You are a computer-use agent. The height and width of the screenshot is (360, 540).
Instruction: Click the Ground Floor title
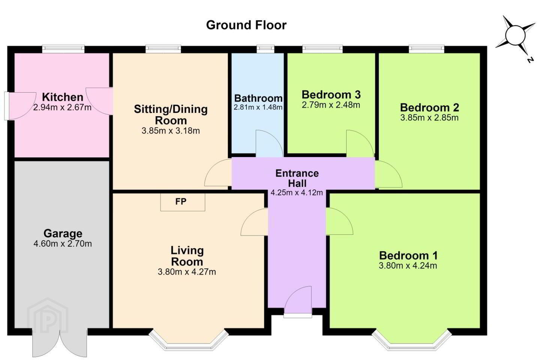[246, 25]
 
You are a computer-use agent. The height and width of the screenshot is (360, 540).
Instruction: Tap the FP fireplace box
[183, 202]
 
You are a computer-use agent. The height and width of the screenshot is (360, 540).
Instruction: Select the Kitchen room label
[63, 97]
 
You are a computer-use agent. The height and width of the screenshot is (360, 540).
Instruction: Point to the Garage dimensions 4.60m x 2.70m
[63, 243]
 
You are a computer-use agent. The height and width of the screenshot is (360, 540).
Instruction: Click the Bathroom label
[258, 98]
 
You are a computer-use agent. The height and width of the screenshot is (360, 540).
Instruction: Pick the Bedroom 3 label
[331, 94]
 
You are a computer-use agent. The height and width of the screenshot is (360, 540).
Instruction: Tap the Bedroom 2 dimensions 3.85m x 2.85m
[429, 118]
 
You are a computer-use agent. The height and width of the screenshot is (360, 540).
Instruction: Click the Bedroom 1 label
[408, 255]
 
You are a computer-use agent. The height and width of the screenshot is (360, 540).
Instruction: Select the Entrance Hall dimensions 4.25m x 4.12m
[297, 193]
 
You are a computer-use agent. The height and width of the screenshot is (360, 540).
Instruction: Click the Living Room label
[187, 256]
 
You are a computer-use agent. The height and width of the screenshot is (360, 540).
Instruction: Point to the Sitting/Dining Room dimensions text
[171, 131]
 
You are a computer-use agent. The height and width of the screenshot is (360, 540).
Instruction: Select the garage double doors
[60, 342]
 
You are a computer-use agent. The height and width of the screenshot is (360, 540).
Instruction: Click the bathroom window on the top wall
[265, 49]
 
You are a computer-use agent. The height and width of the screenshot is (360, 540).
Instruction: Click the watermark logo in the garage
[48, 316]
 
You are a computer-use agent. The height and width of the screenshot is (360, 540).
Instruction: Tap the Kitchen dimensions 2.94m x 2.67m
[62, 107]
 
